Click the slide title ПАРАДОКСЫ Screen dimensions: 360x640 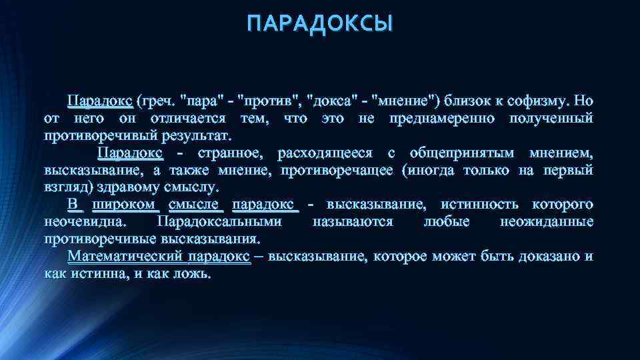(x=320, y=25)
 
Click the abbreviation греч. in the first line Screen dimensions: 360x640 (x=155, y=101)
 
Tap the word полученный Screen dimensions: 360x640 (x=551, y=119)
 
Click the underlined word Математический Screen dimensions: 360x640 (x=126, y=257)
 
